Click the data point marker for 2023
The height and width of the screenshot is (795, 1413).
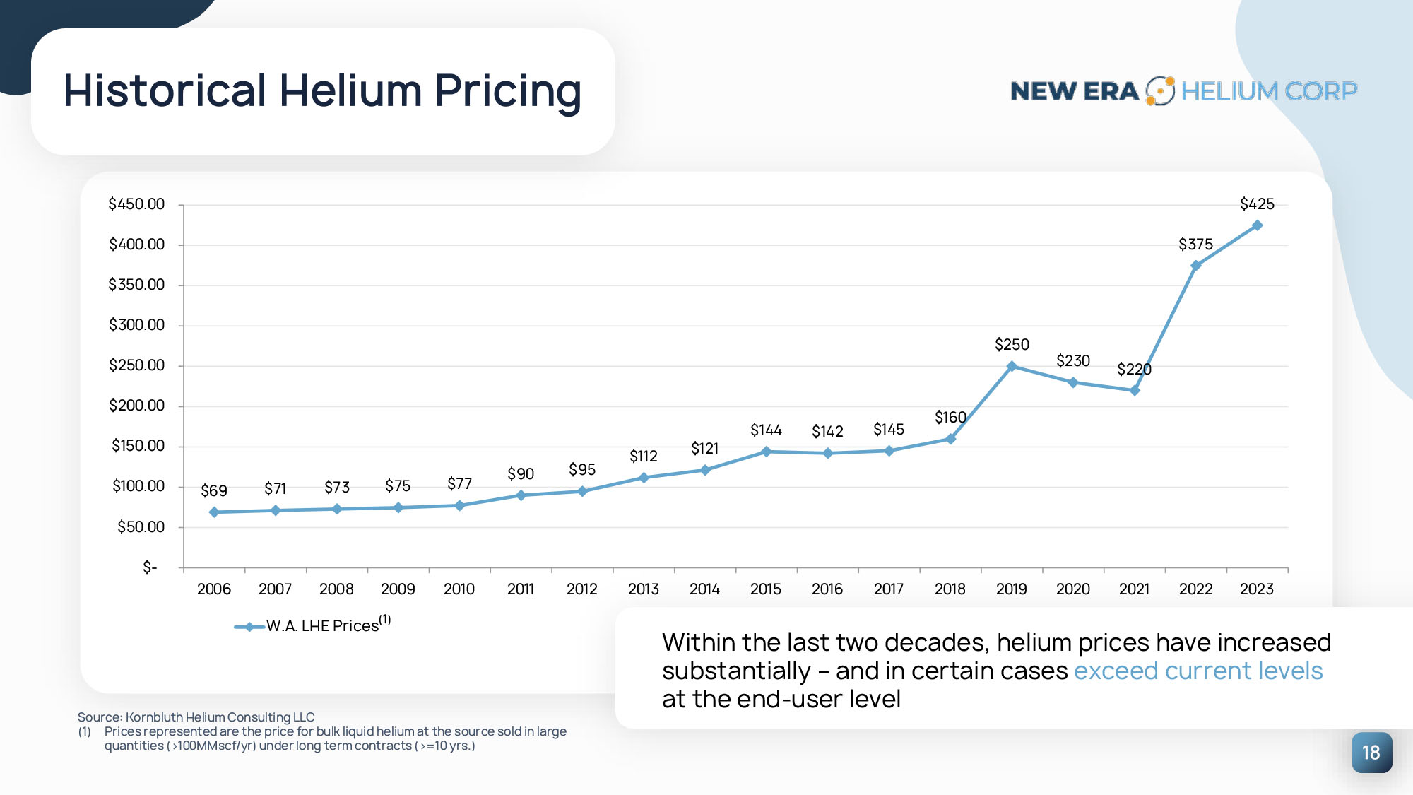pos(1257,225)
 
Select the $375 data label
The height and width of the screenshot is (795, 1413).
pos(1195,245)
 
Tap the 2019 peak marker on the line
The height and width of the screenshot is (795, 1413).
pos(1012,366)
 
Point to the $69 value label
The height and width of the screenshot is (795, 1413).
pos(214,490)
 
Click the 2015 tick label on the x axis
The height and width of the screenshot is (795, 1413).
pos(766,589)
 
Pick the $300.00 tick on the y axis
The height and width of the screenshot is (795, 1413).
pos(136,325)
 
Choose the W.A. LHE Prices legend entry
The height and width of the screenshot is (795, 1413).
pos(321,626)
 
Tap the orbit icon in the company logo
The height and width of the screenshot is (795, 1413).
pos(1159,91)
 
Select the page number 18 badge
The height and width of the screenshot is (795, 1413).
pos(1371,753)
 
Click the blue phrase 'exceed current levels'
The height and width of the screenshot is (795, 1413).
pos(1198,671)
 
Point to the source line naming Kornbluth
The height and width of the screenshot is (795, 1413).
pos(196,717)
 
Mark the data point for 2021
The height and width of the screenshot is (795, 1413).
pos(1135,390)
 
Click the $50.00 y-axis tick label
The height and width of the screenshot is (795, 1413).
pos(141,527)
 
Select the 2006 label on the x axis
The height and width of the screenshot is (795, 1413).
pos(214,589)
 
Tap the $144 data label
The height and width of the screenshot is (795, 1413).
pos(766,430)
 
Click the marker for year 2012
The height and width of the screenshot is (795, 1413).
pos(582,491)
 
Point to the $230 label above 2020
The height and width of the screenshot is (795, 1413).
pos(1072,361)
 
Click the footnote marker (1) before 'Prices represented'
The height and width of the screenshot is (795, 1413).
pos(85,732)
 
